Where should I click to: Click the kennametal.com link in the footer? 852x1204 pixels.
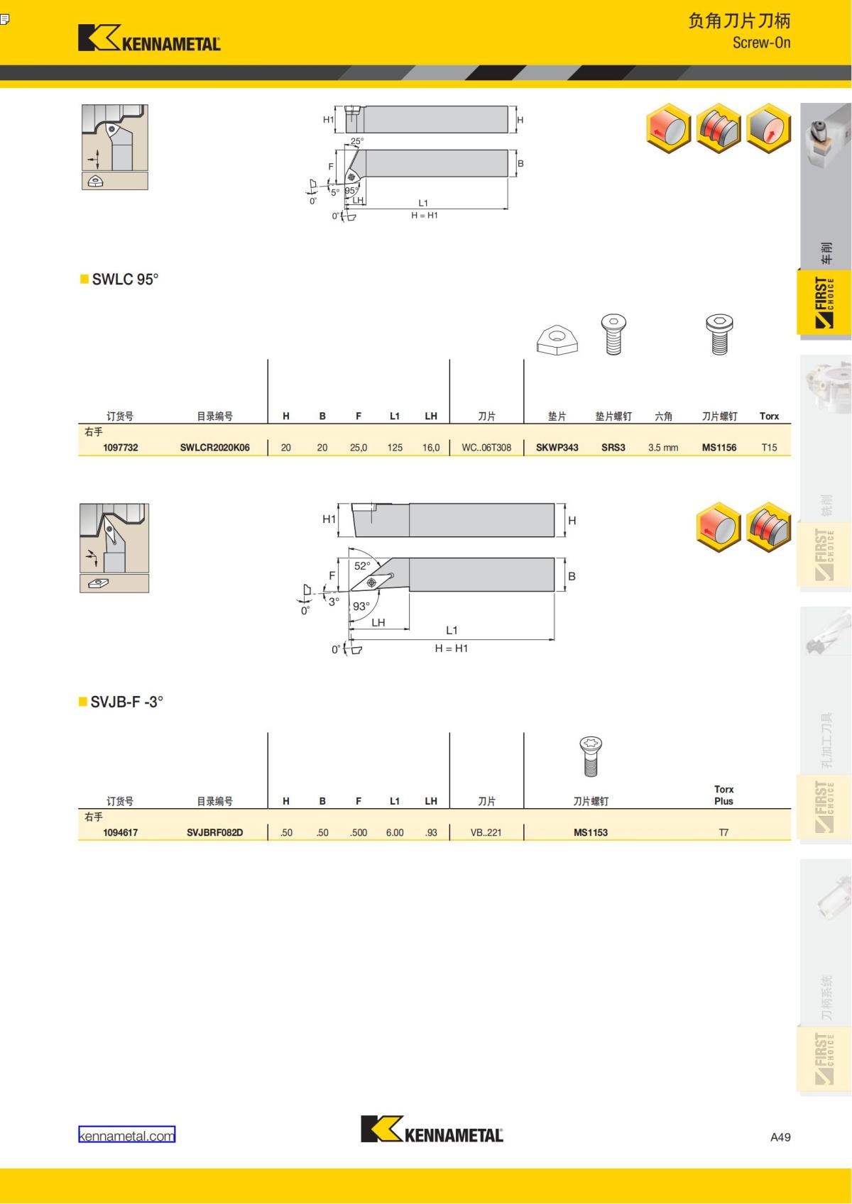pos(126,1136)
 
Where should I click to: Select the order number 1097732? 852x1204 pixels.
pos(121,447)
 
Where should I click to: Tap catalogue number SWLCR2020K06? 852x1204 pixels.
pos(214,447)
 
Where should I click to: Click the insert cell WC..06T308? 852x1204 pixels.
pos(486,447)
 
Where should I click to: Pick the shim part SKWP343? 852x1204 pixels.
pos(557,447)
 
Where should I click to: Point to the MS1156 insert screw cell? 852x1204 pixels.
pos(719,447)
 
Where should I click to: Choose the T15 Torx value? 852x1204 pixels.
pos(769,447)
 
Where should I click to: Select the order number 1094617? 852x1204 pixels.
pos(121,833)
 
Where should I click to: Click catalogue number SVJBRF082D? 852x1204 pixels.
pos(214,833)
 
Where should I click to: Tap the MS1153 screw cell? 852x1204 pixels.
pos(591,833)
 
